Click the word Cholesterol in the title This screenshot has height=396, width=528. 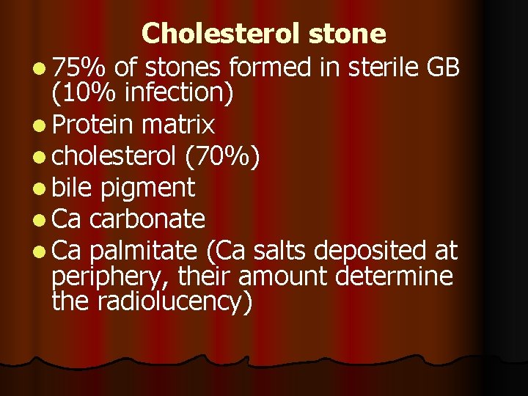click(221, 34)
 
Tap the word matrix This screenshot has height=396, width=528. click(177, 125)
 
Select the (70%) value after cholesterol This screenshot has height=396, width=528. click(221, 157)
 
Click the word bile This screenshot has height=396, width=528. click(73, 188)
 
